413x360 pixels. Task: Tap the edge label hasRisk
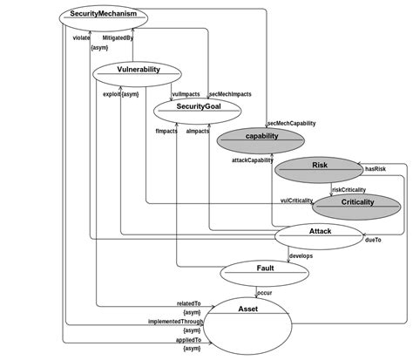click(376, 168)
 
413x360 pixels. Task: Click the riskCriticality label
click(349, 189)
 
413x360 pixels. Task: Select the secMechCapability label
click(291, 124)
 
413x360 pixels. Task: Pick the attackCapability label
click(252, 160)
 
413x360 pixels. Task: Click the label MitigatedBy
click(118, 39)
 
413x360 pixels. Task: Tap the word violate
click(80, 39)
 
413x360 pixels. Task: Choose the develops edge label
click(301, 255)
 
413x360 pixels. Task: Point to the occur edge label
click(265, 293)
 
